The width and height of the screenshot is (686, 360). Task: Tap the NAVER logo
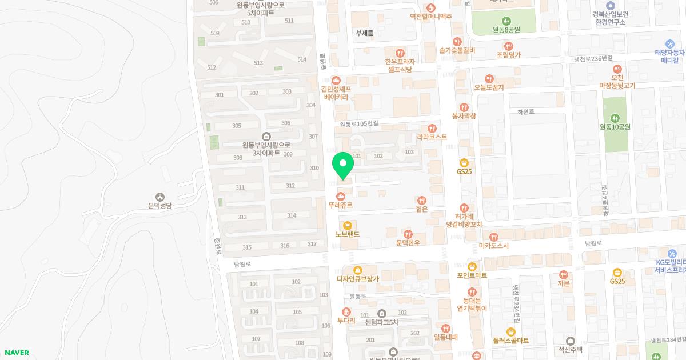pos(15,353)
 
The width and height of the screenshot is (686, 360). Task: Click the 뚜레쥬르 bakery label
pos(341,204)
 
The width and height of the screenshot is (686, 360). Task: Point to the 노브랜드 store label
pos(347,234)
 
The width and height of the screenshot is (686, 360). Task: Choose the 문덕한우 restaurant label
pos(408,242)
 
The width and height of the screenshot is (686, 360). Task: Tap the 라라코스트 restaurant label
pos(432,137)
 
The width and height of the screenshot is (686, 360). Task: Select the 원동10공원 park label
pos(615,126)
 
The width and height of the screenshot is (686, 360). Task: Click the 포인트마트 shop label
pos(472,275)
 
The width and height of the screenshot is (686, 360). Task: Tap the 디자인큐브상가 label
pos(358,278)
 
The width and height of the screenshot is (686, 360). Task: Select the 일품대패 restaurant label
pos(446,337)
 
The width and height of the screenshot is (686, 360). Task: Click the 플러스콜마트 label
pos(511,340)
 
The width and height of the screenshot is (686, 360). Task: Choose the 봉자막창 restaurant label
pos(464,115)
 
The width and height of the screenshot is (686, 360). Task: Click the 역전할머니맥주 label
pos(430,16)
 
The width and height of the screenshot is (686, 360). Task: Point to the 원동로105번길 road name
pos(359,124)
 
